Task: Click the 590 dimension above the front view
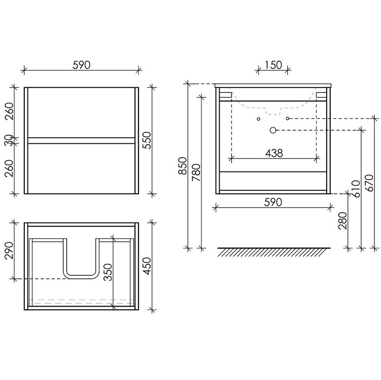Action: [x=81, y=65]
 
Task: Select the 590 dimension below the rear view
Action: [x=273, y=202]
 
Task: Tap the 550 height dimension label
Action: [x=147, y=140]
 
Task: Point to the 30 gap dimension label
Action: [x=9, y=140]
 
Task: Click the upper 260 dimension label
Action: [x=10, y=111]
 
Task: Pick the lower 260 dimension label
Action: [x=10, y=168]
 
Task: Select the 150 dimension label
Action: [x=273, y=65]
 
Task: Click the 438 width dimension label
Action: [x=274, y=153]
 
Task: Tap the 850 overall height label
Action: [x=182, y=166]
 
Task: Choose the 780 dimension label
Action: [x=196, y=173]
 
